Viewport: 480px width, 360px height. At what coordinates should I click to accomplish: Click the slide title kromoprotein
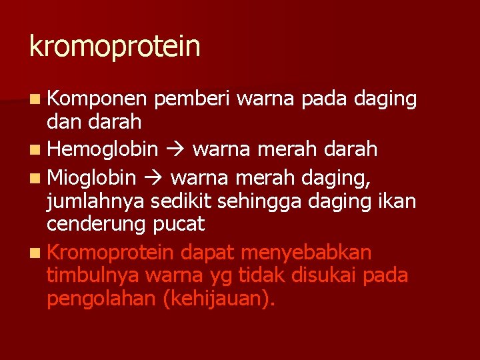click(x=115, y=47)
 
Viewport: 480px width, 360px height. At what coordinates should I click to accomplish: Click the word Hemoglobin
click(x=103, y=149)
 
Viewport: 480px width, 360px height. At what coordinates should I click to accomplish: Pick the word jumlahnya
click(x=97, y=201)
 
